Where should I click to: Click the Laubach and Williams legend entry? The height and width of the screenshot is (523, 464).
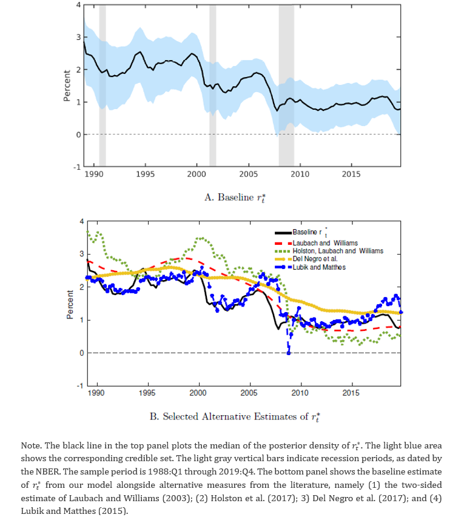tap(316, 243)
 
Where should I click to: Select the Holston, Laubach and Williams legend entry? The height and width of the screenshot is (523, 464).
tap(329, 251)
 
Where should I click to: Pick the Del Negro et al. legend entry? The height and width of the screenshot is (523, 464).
tap(306, 259)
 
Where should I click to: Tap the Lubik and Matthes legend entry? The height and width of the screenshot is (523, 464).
tap(310, 267)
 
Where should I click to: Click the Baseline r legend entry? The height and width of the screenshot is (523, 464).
tap(301, 232)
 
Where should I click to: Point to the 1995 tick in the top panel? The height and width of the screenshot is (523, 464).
tap(145, 174)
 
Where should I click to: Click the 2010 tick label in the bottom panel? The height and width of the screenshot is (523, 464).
tap(300, 393)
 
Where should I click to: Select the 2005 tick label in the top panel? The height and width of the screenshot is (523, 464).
tap(248, 174)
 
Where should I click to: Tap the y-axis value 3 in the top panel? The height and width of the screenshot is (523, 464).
tap(79, 37)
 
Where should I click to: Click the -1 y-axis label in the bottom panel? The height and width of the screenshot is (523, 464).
tap(80, 385)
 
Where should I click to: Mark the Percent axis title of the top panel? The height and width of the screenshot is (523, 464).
tap(67, 85)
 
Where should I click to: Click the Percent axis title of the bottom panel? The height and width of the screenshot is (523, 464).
tap(70, 304)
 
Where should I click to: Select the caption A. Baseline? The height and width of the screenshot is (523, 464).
tap(235, 198)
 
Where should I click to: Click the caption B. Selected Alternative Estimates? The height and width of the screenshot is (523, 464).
tap(235, 416)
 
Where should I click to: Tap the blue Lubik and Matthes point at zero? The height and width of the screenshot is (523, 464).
tap(289, 353)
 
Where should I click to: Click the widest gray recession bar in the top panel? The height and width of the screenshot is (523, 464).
tap(286, 85)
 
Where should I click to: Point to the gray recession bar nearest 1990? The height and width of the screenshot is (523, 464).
tap(103, 85)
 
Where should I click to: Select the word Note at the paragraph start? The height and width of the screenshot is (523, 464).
tap(31, 445)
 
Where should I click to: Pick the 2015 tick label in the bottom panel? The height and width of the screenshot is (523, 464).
tap(351, 393)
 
